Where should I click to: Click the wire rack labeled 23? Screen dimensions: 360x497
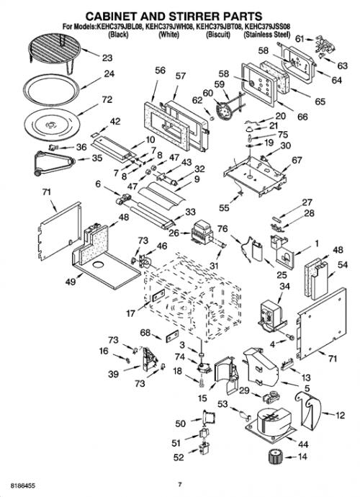coord(54,50)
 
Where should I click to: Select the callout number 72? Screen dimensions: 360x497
coord(107,99)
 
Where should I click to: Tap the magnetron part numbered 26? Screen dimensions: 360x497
coord(203,232)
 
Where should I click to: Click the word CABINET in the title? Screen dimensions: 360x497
coord(119,16)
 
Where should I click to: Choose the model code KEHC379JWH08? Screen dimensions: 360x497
coord(170,27)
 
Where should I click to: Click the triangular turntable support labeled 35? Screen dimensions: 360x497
coord(54,162)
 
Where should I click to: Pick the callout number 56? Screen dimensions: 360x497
coord(160,70)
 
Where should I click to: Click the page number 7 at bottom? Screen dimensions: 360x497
coord(180,484)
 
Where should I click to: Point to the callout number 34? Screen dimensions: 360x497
coord(284,286)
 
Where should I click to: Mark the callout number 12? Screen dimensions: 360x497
coord(340,415)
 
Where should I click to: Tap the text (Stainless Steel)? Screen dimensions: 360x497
coord(266,35)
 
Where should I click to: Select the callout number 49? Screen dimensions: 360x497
coord(71,281)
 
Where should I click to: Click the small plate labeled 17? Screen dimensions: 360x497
coord(158,296)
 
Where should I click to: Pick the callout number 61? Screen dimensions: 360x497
coord(300,39)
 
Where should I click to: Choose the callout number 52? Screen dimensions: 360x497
coord(179,457)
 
